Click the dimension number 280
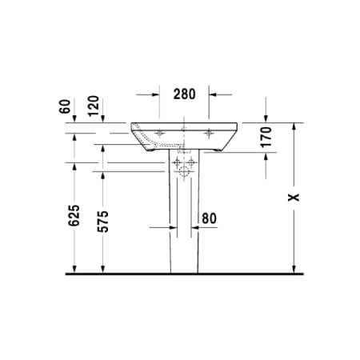(185, 94)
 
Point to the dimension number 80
(210, 217)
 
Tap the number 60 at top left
(74, 106)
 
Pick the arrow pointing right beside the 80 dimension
(170, 228)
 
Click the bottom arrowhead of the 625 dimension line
(74, 269)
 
